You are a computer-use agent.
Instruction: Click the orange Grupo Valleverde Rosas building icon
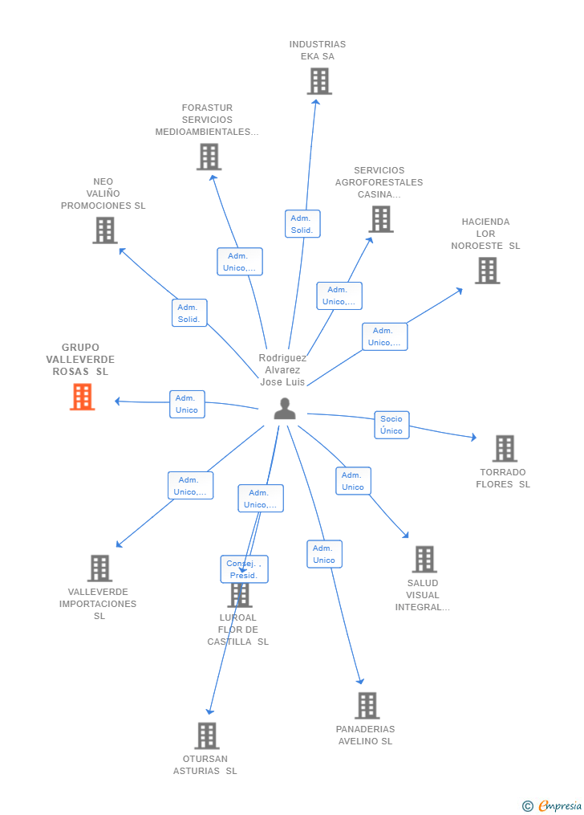83,397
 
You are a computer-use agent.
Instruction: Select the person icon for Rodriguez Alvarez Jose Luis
285,409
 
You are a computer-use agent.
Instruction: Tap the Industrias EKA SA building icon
319,81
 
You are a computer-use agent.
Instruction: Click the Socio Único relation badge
391,425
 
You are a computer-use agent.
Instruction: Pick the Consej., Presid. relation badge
244,569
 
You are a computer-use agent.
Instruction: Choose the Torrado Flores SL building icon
505,448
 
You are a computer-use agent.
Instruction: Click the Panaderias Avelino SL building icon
367,705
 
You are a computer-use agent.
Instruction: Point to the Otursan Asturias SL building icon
207,735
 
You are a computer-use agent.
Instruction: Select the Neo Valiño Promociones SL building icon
105,230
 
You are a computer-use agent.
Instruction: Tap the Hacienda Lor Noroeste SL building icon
487,271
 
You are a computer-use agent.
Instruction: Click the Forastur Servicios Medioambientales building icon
209,157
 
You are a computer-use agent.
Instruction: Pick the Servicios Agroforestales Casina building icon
381,218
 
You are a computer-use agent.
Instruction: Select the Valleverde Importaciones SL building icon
99,568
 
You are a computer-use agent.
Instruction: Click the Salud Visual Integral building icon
424,559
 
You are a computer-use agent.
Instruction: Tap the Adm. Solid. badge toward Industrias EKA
302,224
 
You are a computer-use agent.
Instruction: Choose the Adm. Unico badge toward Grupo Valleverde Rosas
187,404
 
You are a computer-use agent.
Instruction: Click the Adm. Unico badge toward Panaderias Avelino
324,554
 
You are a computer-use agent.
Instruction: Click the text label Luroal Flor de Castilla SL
238,630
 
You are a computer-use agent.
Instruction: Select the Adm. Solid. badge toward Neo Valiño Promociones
189,313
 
